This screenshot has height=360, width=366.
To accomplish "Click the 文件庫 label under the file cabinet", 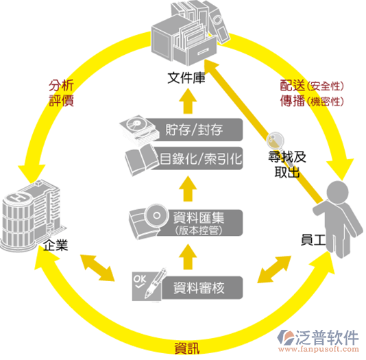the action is click(x=186, y=77).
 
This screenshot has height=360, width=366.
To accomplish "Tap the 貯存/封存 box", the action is click(x=194, y=130).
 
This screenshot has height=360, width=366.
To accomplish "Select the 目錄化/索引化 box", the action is click(x=197, y=158).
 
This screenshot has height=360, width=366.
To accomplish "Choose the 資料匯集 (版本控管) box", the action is click(x=198, y=223).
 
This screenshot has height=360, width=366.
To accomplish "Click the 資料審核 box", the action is click(x=202, y=287).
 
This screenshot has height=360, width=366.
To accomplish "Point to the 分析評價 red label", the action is click(x=62, y=93).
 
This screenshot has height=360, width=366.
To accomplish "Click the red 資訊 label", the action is click(x=187, y=348).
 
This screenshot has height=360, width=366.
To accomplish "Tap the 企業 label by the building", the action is click(x=56, y=245).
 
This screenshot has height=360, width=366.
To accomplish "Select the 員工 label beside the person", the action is click(x=313, y=240).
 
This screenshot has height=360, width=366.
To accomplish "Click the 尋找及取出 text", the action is click(x=287, y=165).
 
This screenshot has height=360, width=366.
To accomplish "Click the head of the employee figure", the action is click(x=337, y=193).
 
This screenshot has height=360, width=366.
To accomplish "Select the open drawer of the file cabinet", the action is click(x=195, y=51).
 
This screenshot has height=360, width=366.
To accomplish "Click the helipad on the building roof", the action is click(x=19, y=197).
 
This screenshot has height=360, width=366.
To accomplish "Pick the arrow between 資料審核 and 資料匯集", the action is click(x=188, y=256).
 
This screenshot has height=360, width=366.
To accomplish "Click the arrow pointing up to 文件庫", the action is click(x=188, y=101).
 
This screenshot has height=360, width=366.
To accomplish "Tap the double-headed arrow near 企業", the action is click(x=97, y=268).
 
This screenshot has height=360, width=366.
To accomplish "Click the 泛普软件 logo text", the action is click(x=327, y=337).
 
